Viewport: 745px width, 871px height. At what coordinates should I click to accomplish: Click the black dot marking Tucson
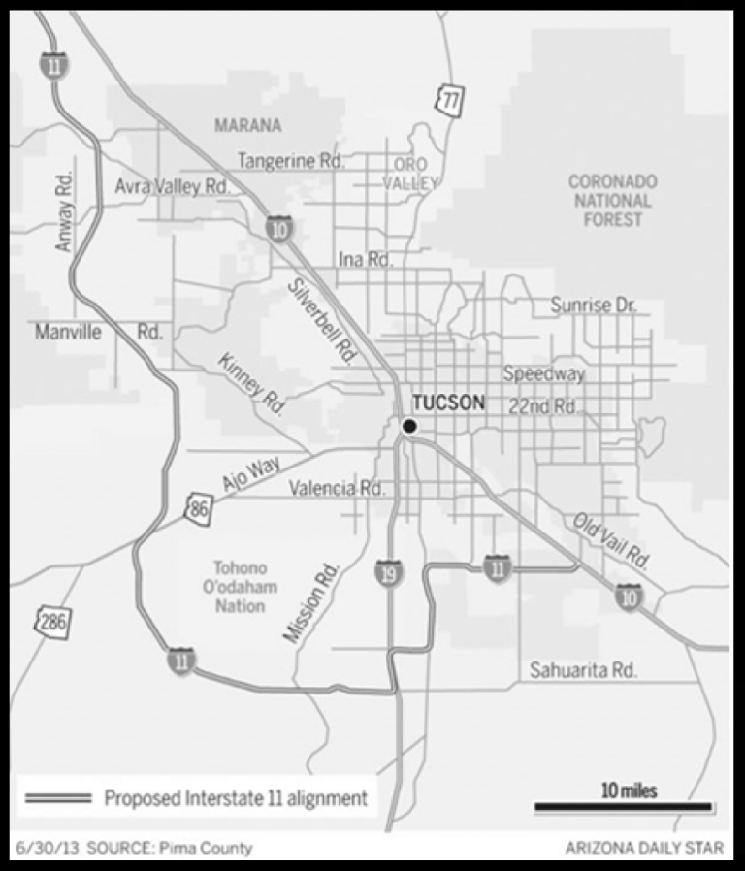tap(409, 426)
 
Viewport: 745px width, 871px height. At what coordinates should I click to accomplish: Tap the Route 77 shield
tap(449, 98)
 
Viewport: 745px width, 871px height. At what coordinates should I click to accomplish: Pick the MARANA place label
tap(247, 125)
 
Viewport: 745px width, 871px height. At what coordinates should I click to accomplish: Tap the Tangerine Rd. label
tap(291, 161)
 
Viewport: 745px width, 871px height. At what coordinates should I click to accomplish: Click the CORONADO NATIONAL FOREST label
tap(612, 200)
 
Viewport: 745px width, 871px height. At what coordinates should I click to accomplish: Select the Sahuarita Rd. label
tap(582, 670)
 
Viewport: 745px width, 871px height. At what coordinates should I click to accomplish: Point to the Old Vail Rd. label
tap(609, 541)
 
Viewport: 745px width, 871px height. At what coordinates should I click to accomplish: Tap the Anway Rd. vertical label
tap(64, 211)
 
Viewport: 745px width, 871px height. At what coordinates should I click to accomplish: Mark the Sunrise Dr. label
tap(594, 305)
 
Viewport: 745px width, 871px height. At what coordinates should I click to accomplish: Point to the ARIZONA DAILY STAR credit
tap(644, 848)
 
